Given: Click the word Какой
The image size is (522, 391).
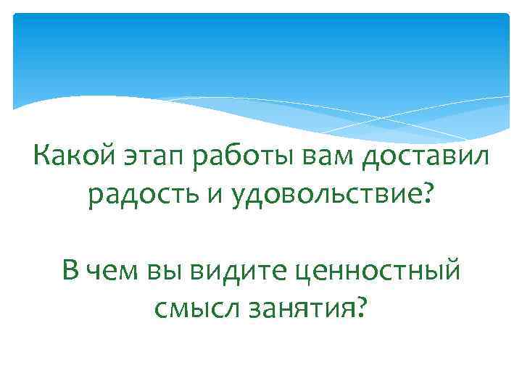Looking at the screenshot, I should coord(69,156).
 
